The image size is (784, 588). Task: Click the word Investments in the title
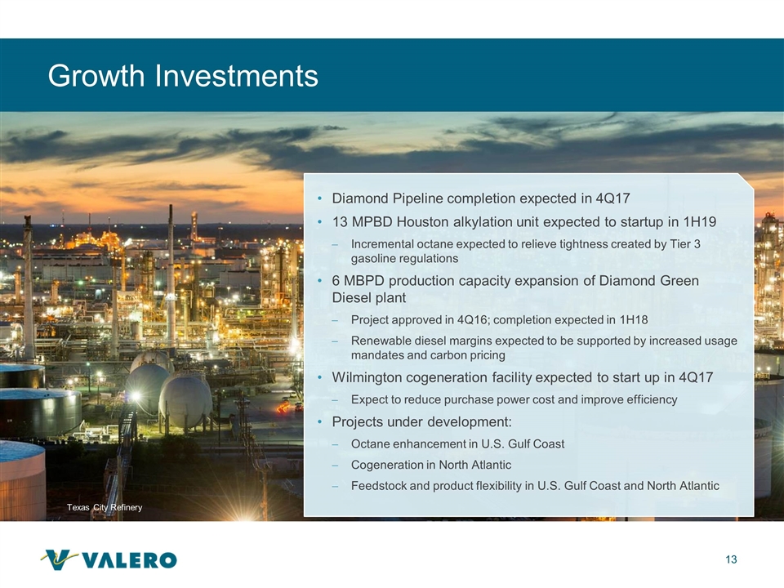coord(236,75)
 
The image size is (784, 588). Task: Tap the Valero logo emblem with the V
coord(60,559)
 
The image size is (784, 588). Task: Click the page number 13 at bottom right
coord(731,559)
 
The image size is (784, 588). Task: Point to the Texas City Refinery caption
coord(105,507)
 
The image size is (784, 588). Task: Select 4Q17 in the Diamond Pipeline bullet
coord(613,198)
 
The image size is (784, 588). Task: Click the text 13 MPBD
coord(362,221)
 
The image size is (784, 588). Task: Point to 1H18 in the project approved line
coord(634,319)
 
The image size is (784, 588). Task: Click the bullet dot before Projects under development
coord(320,422)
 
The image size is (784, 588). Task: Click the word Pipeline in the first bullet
coord(418,198)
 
